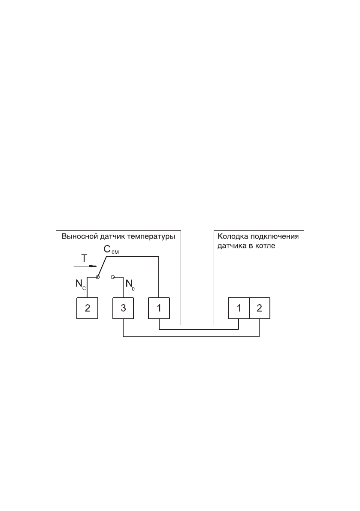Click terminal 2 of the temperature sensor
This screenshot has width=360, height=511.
click(x=87, y=308)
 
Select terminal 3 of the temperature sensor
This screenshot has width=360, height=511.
click(x=123, y=308)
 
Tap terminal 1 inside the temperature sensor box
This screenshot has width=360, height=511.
click(x=159, y=308)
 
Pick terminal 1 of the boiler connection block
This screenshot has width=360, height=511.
click(x=239, y=308)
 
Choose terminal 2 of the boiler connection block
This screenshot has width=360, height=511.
click(x=259, y=308)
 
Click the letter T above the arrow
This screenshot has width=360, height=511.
click(x=85, y=258)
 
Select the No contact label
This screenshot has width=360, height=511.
click(x=130, y=284)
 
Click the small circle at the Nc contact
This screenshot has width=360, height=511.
click(x=98, y=277)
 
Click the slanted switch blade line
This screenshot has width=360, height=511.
click(x=102, y=266)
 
